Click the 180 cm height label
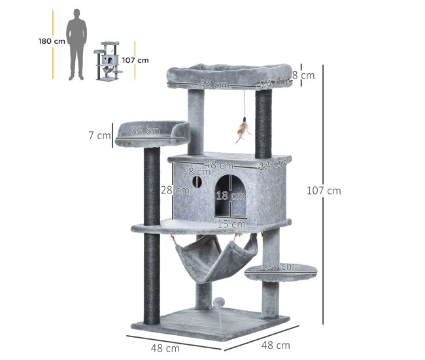52,41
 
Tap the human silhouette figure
76,44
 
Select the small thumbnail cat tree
108,61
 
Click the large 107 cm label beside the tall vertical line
324,191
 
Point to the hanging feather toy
244,129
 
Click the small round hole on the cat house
197,182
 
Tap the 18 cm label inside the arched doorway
230,195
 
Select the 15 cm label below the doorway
231,224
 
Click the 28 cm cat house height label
175,190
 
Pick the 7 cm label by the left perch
100,135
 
